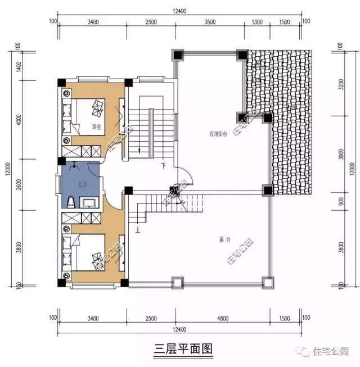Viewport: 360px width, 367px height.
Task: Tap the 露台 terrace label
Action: (225, 239)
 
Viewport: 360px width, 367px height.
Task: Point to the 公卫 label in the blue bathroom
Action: (82, 183)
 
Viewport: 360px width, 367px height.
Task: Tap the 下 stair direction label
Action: (164, 167)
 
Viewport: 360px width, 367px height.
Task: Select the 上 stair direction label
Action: (138, 229)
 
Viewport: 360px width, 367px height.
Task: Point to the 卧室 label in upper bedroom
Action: (97, 126)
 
